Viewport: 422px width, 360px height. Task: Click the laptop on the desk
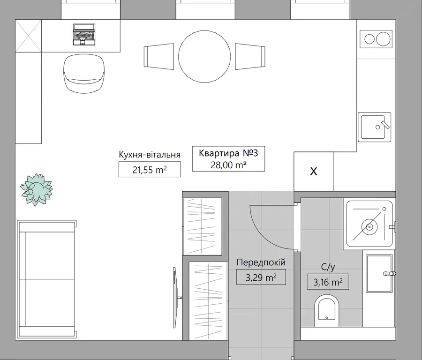pyautogui.click(x=84, y=34)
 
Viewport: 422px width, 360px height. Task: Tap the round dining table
pyautogui.click(x=204, y=57)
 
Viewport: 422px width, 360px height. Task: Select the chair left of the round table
pyautogui.click(x=159, y=57)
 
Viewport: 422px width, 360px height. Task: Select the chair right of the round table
pyautogui.click(x=250, y=57)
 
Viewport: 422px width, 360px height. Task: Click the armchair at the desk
pyautogui.click(x=84, y=74)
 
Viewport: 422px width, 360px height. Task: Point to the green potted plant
pyautogui.click(x=36, y=189)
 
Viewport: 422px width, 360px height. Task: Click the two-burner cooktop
pyautogui.click(x=376, y=39)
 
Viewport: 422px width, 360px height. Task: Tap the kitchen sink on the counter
pyautogui.click(x=374, y=127)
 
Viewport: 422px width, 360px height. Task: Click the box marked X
pyautogui.click(x=314, y=172)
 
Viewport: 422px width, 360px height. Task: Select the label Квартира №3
pyautogui.click(x=228, y=153)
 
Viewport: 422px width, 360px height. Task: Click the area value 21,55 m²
pyautogui.click(x=150, y=170)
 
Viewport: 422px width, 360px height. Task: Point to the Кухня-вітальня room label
pyautogui.click(x=150, y=155)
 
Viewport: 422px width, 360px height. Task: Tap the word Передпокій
pyautogui.click(x=261, y=262)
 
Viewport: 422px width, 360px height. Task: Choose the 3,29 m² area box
pyautogui.click(x=261, y=277)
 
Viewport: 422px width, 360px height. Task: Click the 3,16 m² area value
pyautogui.click(x=328, y=282)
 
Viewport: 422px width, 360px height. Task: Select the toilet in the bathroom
pyautogui.click(x=326, y=311)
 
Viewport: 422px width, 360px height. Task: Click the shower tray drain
pyautogui.click(x=369, y=227)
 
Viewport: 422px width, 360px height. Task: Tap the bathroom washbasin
pyautogui.click(x=379, y=273)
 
